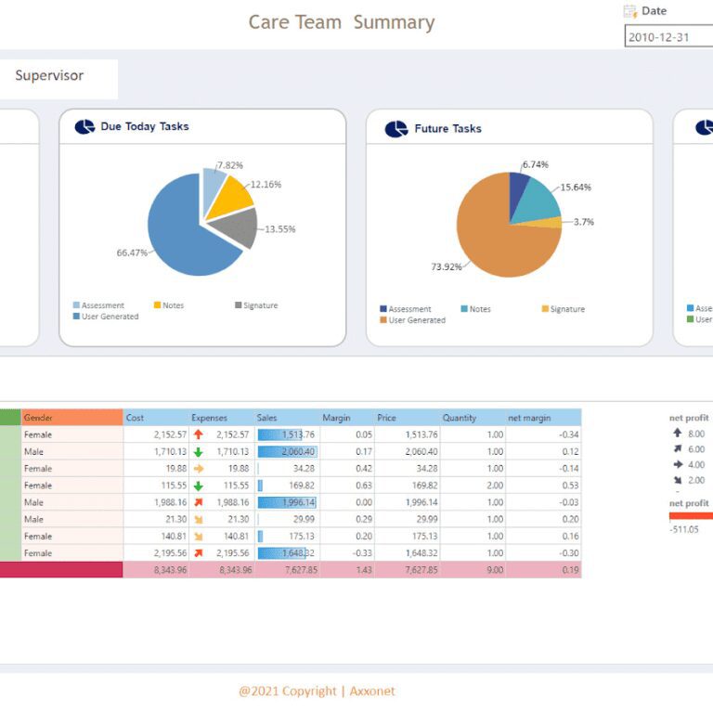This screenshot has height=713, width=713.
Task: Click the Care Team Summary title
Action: coord(341,22)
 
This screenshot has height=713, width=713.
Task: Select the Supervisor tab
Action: coord(49,76)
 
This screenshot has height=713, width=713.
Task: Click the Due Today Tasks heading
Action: coord(144,126)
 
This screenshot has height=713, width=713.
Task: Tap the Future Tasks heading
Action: coord(447,129)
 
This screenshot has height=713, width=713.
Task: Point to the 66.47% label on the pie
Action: coord(131,253)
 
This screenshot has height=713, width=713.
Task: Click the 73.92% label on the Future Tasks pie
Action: coord(446,267)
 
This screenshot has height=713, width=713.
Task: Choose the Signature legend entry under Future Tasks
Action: coord(567,309)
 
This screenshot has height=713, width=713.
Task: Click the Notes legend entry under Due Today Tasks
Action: coord(173,305)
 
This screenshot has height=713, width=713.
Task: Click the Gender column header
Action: coord(39,418)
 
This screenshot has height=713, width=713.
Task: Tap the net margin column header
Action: coord(529,418)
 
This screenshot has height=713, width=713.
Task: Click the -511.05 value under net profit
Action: coord(684,529)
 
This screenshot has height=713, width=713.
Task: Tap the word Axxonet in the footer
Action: coord(372,691)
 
